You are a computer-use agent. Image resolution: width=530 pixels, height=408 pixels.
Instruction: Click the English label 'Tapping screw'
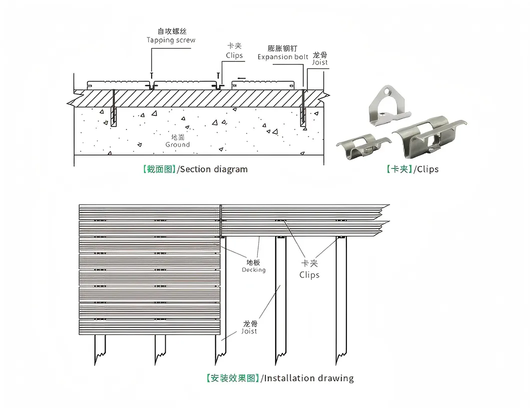tap(171, 40)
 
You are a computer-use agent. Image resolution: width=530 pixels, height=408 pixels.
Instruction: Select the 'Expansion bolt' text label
tap(283, 56)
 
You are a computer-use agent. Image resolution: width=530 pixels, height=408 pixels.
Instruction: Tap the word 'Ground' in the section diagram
tap(178, 144)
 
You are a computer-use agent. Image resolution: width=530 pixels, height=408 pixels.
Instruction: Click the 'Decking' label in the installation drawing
tap(254, 269)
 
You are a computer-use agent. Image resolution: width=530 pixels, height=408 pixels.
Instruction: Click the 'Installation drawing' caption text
tap(309, 378)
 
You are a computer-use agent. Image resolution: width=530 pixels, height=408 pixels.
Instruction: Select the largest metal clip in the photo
tap(428, 135)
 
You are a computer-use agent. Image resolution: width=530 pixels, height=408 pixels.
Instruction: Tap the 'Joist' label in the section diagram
tap(320, 62)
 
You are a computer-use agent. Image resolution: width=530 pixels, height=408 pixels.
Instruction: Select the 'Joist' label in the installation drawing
tap(249, 331)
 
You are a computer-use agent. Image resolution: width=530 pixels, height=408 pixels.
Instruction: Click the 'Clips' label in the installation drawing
tap(309, 274)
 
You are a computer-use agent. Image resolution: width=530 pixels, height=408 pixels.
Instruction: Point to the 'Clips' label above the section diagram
tap(234, 55)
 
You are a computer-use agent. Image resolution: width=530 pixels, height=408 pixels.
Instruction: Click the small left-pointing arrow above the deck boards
tap(242, 78)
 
